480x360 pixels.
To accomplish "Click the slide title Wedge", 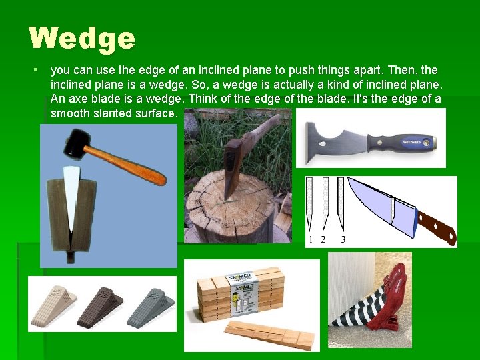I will pyautogui.click(x=82, y=38).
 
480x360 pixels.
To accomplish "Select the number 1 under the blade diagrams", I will pyautogui.click(x=311, y=239).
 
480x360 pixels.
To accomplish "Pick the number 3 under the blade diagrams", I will pyautogui.click(x=343, y=239).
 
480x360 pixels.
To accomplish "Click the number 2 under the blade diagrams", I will pyautogui.click(x=323, y=239).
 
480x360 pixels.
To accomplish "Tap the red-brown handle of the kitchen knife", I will pyautogui.click(x=437, y=227).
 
